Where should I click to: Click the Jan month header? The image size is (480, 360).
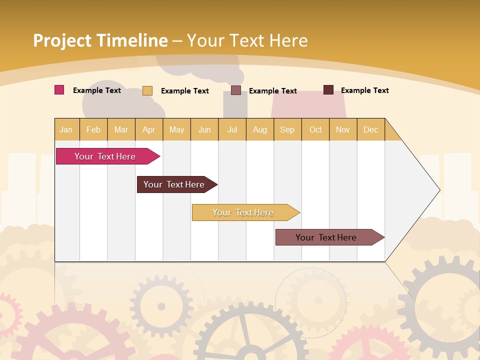(x=66, y=130)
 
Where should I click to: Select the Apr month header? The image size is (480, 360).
(x=148, y=130)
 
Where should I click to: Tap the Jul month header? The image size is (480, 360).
(x=232, y=130)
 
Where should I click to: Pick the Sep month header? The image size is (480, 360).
(x=287, y=130)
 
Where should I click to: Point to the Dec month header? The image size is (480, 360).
(x=370, y=130)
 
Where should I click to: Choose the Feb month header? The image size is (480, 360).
(x=93, y=130)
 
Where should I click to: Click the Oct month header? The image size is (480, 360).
(x=315, y=130)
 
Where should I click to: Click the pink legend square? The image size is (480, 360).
(x=59, y=90)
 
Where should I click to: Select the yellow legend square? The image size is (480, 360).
(x=147, y=90)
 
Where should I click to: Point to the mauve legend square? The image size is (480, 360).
(x=236, y=90)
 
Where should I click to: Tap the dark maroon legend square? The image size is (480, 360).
(x=328, y=90)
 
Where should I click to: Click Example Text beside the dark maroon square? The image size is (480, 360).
(x=364, y=90)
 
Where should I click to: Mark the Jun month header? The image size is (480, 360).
(x=204, y=130)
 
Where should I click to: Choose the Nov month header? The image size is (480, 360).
(x=343, y=130)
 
